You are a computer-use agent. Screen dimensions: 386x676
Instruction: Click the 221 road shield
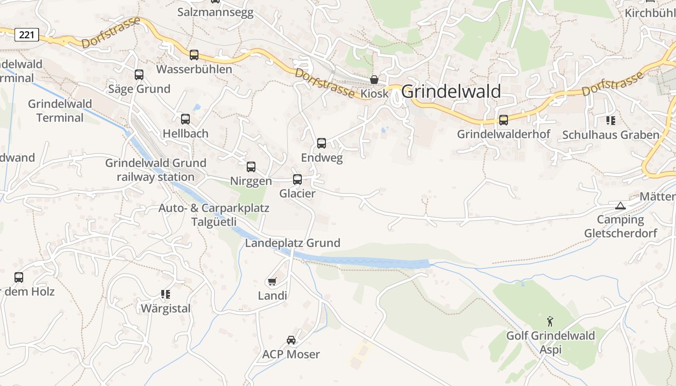click(27, 35)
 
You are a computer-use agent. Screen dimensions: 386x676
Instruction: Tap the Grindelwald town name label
click(451, 91)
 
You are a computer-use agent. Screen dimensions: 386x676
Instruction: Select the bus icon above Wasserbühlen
click(194, 55)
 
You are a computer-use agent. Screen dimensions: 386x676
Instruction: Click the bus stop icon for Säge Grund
click(139, 75)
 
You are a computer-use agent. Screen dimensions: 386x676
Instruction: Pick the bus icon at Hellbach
click(185, 119)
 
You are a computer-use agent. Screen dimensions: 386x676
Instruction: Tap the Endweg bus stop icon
click(322, 143)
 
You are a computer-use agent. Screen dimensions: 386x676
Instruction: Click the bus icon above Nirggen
click(251, 167)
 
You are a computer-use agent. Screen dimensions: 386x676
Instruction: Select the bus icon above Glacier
click(297, 179)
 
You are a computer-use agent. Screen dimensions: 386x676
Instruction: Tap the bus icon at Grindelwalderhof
click(504, 120)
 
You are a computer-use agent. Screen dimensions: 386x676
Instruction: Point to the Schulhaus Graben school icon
click(611, 120)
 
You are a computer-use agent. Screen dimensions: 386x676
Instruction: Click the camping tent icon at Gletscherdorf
click(620, 206)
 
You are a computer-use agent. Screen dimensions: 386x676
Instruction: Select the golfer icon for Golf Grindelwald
click(550, 321)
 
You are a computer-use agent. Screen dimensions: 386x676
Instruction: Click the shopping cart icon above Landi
click(272, 281)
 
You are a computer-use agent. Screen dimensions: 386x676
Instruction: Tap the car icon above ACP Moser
click(291, 340)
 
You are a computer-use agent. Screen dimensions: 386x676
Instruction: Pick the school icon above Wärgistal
click(166, 294)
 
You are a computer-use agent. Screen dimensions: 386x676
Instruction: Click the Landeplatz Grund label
click(293, 243)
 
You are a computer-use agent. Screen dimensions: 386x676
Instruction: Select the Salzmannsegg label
click(215, 13)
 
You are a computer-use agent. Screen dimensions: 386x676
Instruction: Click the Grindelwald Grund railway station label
click(155, 170)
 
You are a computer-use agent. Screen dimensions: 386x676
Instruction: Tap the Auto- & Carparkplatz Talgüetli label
click(214, 215)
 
